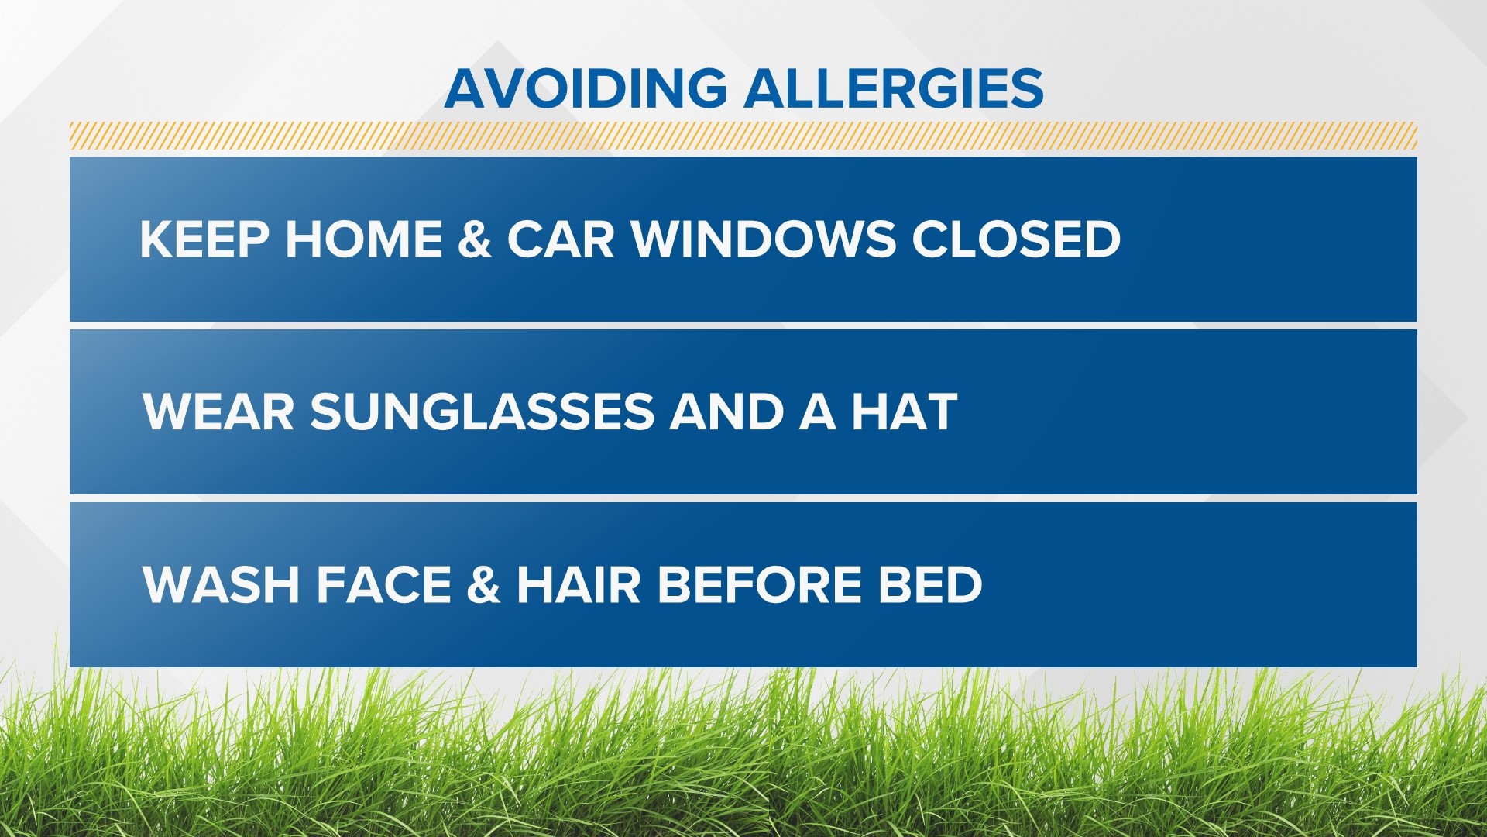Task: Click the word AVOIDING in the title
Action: tap(586, 88)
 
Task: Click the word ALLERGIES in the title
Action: tap(894, 88)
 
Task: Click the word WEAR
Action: tap(218, 412)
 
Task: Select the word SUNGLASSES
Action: tap(483, 412)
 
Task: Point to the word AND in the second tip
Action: tap(727, 412)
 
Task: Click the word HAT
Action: tap(904, 412)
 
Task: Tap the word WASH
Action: tap(222, 584)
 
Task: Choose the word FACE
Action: tap(384, 584)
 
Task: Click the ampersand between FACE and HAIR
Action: tap(483, 584)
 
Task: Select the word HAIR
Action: tap(579, 584)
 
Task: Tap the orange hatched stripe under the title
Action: tap(743, 136)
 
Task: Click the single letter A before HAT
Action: tap(818, 412)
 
